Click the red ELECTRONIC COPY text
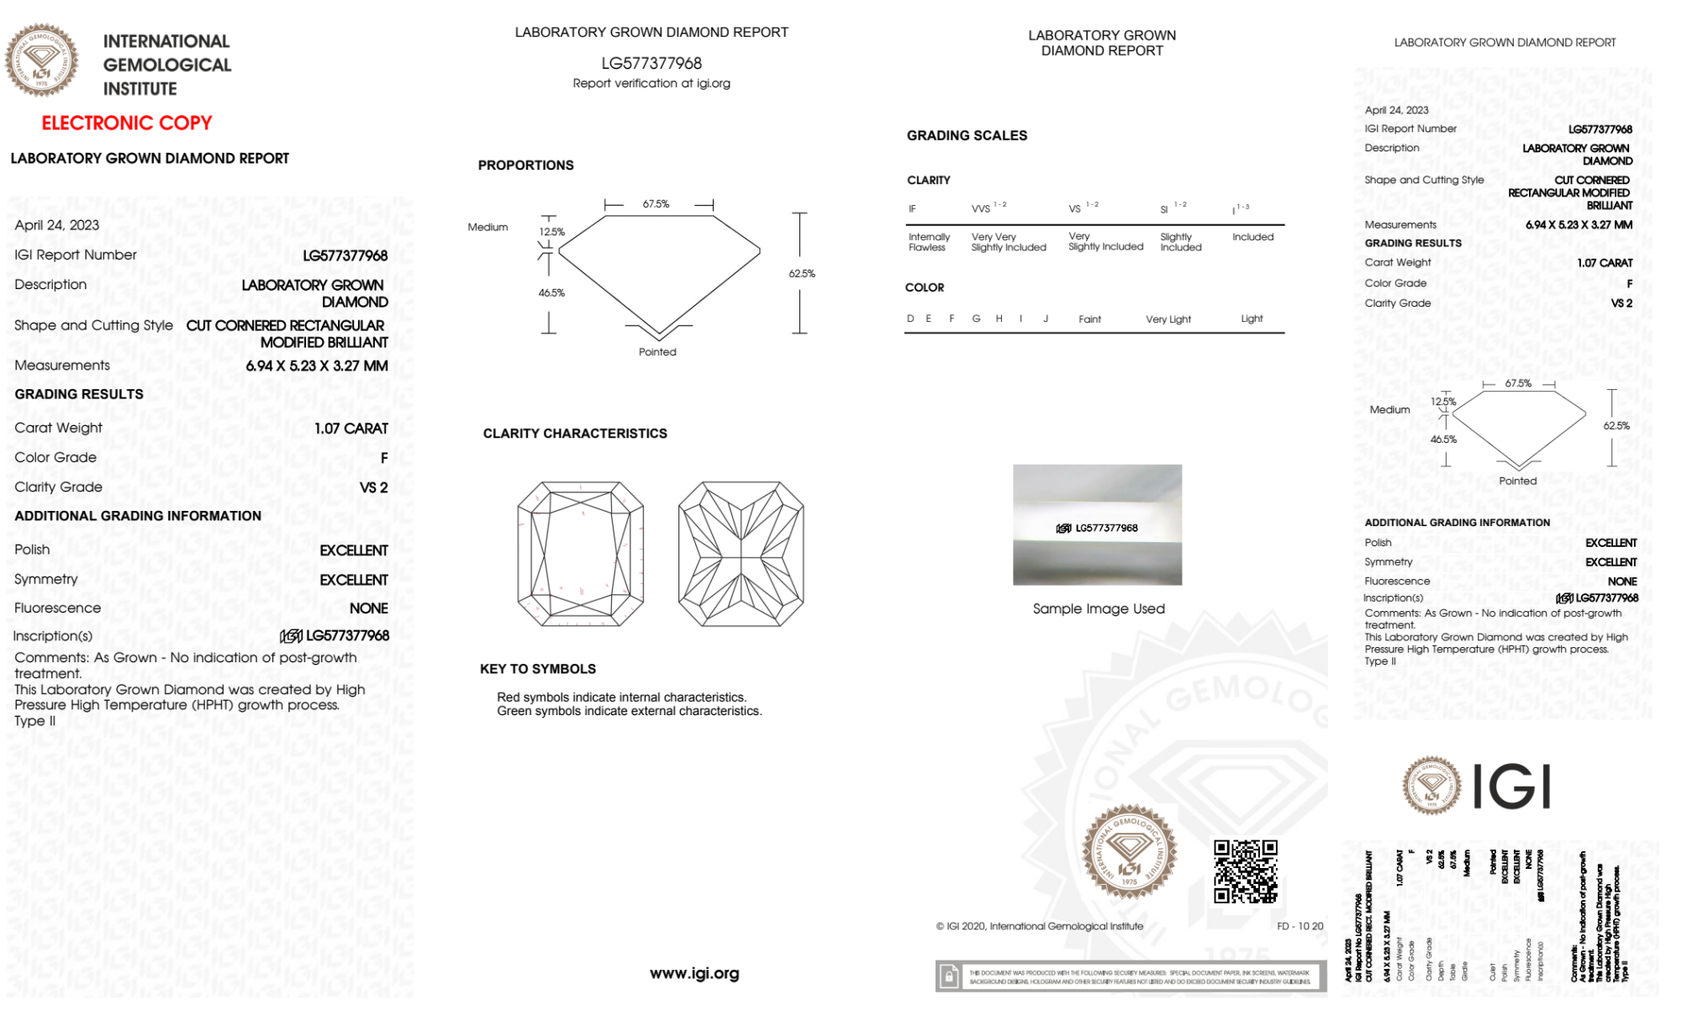tap(127, 123)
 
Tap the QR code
tap(1246, 871)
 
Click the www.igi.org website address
tap(694, 973)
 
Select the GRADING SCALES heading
tap(967, 135)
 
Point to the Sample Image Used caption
tap(1099, 608)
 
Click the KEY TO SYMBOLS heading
tap(538, 669)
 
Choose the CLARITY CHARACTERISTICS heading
tap(575, 434)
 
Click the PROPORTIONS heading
tap(526, 166)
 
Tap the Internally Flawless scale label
tap(929, 242)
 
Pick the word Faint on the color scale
tap(1089, 319)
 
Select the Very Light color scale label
tap(1168, 319)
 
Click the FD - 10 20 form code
tap(1300, 926)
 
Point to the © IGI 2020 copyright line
tap(1040, 926)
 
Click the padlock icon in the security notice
tap(949, 976)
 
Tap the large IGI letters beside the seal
tap(1512, 787)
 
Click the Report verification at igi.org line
tap(651, 83)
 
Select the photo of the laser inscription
tap(1097, 525)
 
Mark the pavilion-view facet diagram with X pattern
tap(741, 554)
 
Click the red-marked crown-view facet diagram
tap(581, 554)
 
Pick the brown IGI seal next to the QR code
tap(1129, 852)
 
